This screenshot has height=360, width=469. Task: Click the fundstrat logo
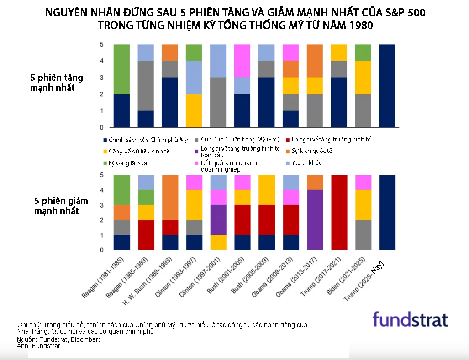coord(410,319)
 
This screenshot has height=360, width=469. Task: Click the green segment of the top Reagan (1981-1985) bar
coord(121,69)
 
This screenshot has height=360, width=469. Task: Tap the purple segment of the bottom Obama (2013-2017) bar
coord(315,220)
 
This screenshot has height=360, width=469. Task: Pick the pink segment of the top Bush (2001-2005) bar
coord(242,61)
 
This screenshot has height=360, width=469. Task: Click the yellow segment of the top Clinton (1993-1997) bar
coord(194,110)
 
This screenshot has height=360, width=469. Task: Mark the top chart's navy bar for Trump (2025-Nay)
coord(387,86)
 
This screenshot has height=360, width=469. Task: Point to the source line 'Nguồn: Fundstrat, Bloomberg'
coord(59,339)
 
